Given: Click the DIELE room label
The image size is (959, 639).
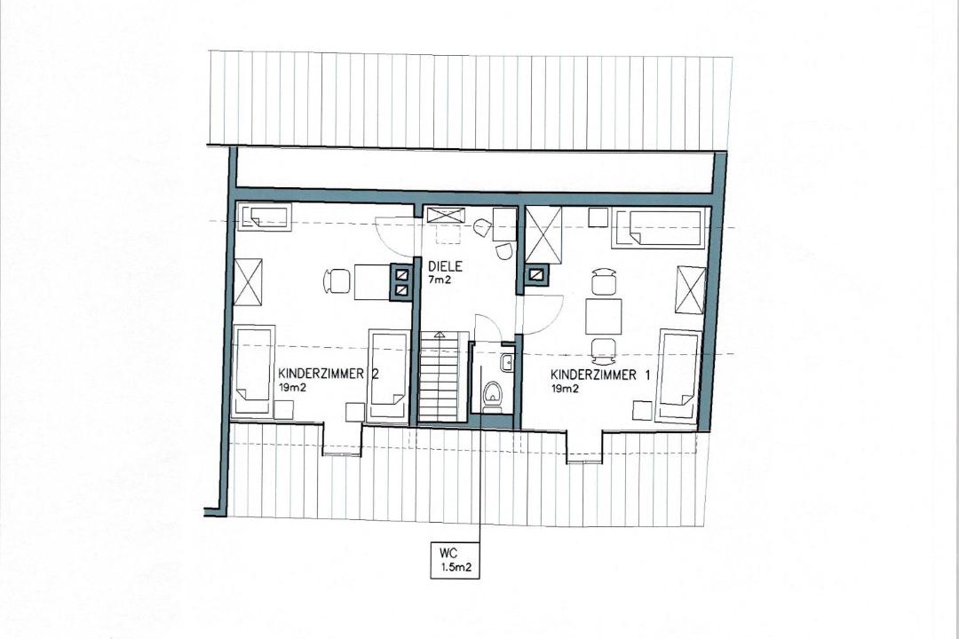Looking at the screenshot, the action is (445, 266).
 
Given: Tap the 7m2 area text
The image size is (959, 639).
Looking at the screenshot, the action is (440, 280).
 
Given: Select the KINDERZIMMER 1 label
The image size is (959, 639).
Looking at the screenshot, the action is (600, 375).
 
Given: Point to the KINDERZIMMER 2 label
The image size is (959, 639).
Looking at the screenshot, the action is (329, 374).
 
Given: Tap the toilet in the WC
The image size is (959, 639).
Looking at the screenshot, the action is (492, 393).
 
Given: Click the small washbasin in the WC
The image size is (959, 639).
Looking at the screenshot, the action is (507, 363).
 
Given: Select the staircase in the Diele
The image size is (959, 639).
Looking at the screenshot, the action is (438, 376).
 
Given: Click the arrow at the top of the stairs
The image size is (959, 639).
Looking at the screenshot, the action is (439, 335).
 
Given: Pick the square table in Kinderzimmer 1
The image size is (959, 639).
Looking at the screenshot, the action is (604, 316).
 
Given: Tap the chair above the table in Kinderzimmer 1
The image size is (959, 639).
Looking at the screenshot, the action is (603, 282).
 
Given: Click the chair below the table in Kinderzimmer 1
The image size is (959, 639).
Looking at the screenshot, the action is (603, 348).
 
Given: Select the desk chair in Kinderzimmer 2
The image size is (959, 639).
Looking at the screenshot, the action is (337, 281).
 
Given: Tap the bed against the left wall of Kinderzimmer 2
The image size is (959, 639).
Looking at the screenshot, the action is (254, 371).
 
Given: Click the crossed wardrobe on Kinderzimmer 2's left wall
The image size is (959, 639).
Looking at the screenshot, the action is (249, 280).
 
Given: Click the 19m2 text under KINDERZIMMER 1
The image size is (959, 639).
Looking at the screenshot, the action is (565, 389).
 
